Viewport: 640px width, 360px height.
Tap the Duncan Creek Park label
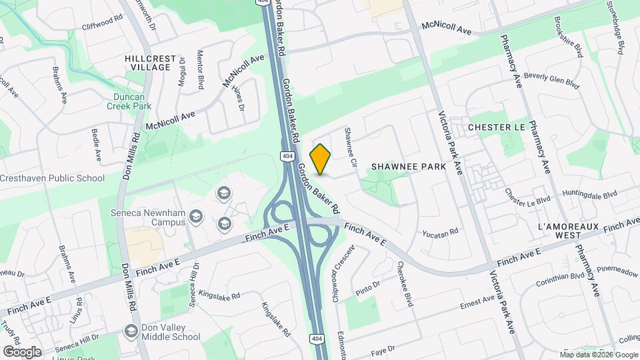point(129,100)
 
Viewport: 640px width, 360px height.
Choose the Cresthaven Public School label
point(52,178)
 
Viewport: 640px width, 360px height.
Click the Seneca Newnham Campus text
point(147,219)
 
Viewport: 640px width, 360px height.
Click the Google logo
point(22,351)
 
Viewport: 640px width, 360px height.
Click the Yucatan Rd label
point(441,233)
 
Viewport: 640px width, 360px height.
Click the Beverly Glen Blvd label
point(551,79)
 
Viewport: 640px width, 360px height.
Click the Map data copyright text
point(598,354)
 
